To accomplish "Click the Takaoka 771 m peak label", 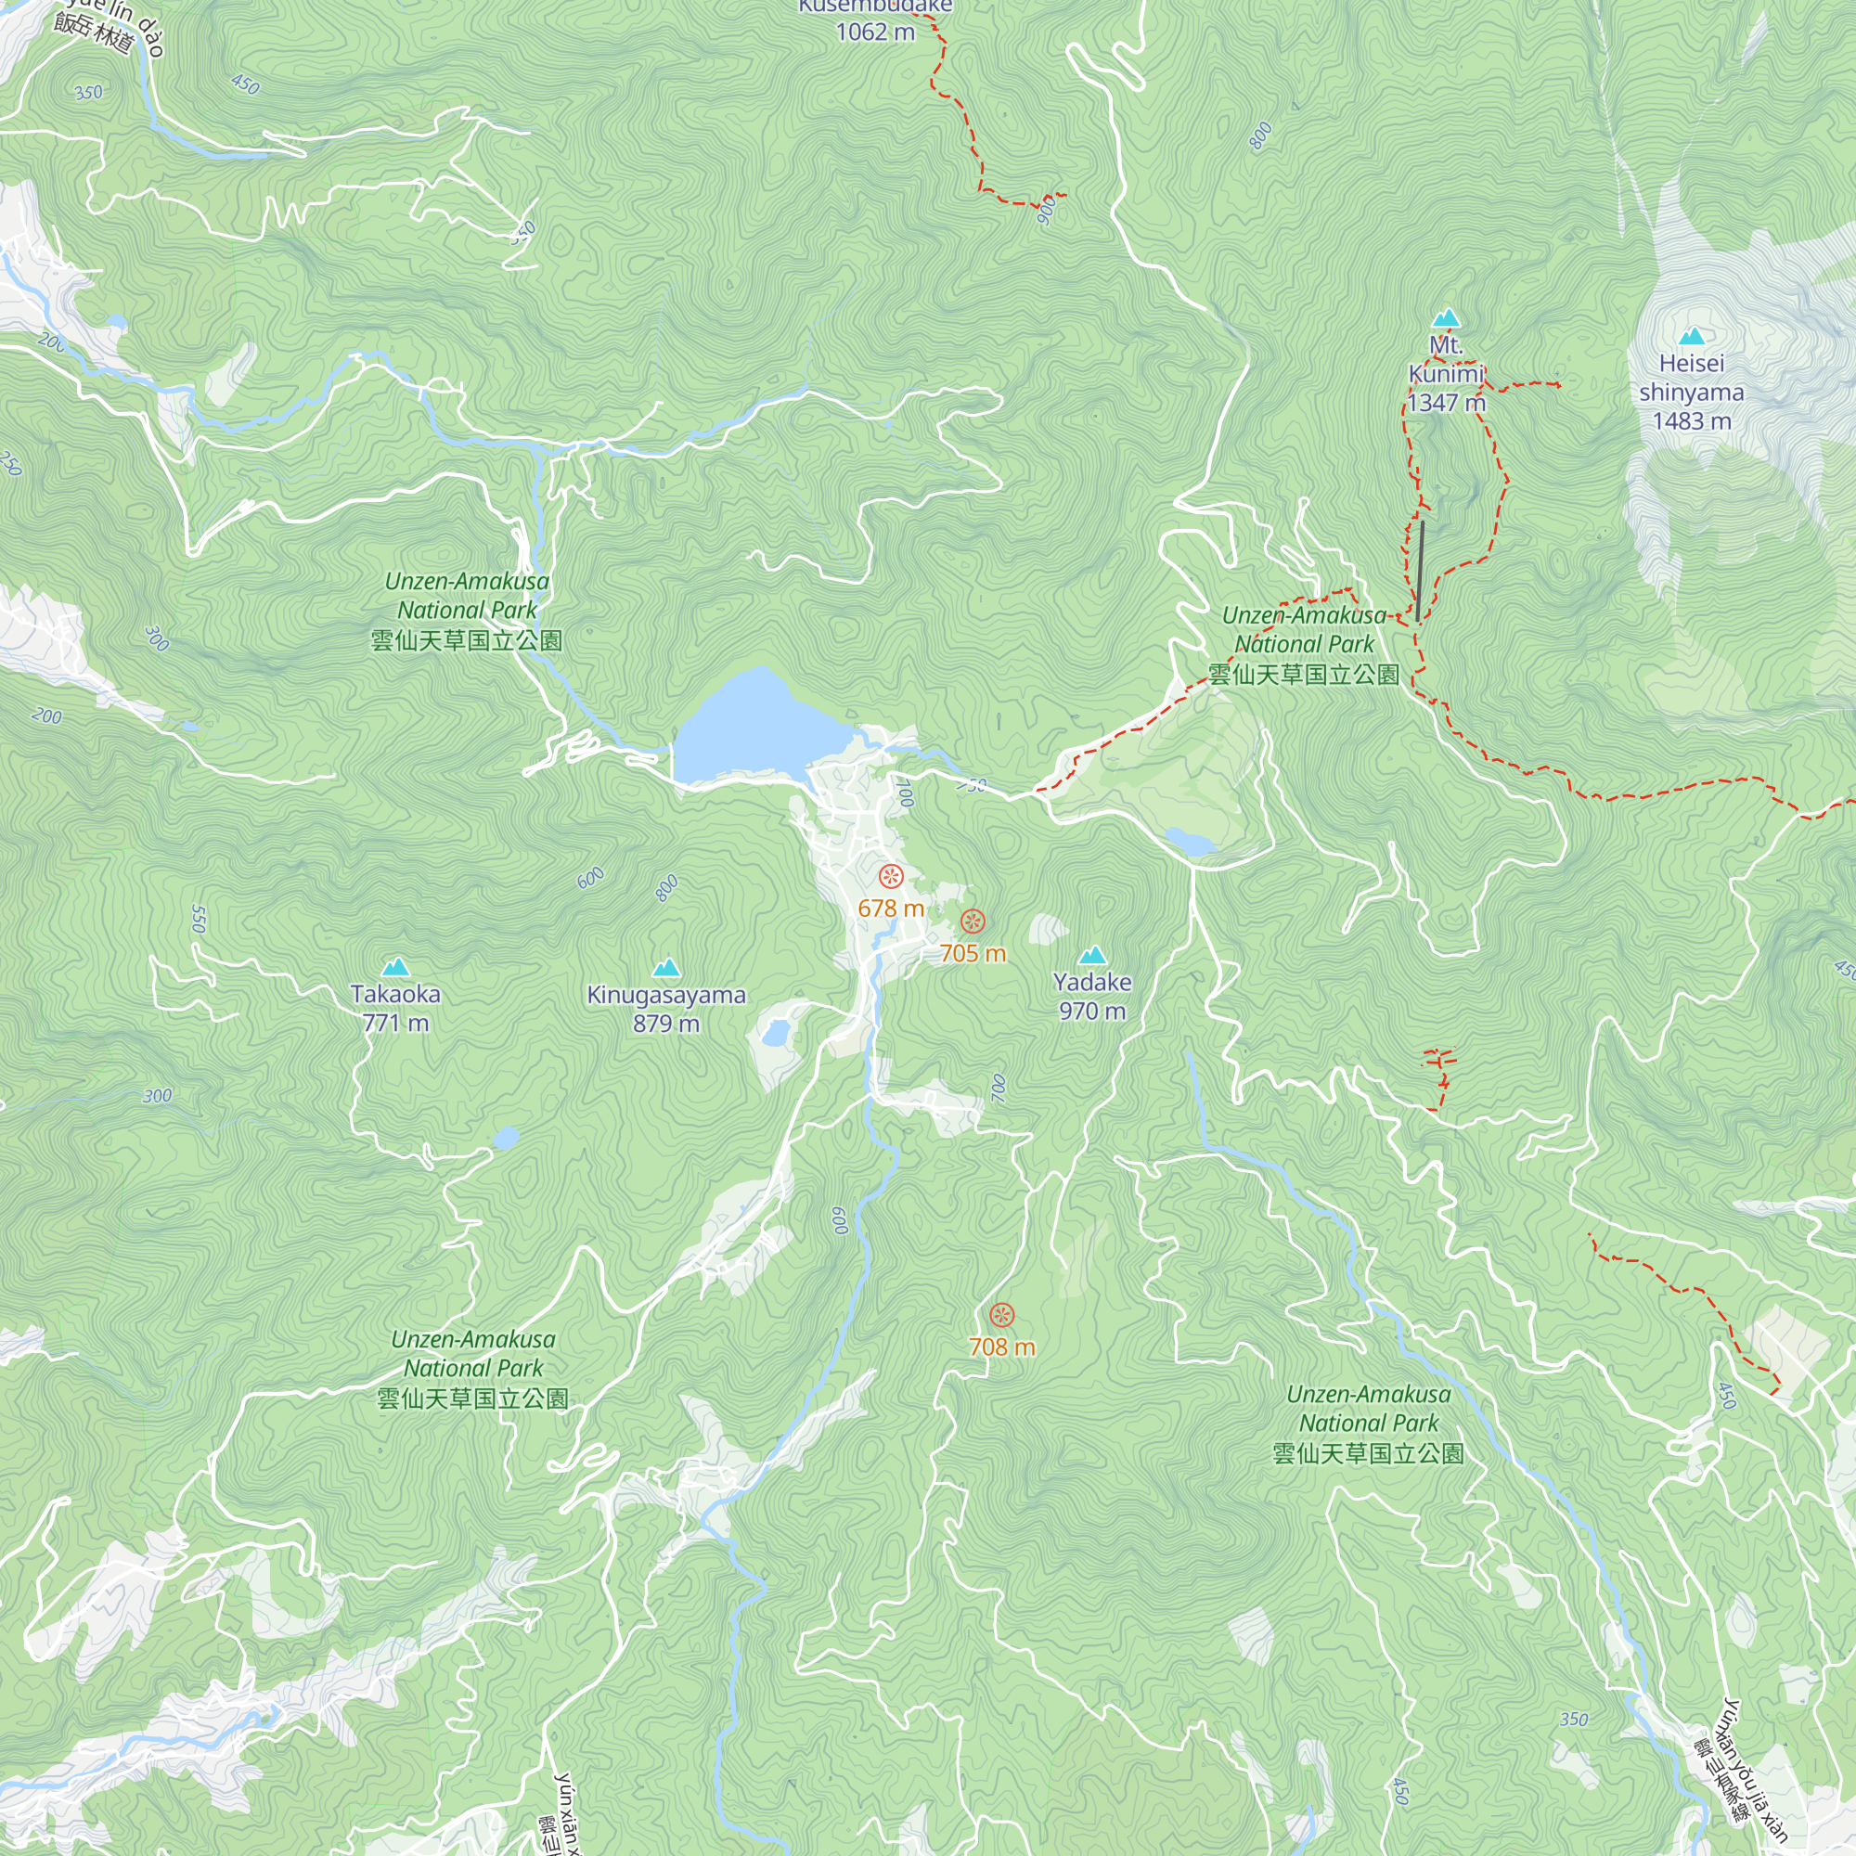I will point(394,1008).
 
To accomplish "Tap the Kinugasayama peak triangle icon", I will point(665,967).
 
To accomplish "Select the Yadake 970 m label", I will point(1092,996).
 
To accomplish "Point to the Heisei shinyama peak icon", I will point(1692,336).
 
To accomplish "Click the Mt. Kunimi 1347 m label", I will point(1446,374).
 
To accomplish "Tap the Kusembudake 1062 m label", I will point(875,19).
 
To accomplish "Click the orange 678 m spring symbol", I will point(891,876).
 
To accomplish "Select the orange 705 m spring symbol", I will point(973,922).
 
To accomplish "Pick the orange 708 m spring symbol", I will point(1001,1315).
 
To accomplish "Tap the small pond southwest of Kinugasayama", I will point(506,1139).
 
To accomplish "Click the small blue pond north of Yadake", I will point(1191,843).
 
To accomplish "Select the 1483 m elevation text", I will point(1691,420).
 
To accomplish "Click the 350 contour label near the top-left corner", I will point(88,93).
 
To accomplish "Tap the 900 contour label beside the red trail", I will point(1047,210).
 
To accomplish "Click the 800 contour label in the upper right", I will point(1260,136).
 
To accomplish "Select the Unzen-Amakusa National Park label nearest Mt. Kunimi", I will point(1304,645).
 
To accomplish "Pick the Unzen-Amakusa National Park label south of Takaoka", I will point(472,1368).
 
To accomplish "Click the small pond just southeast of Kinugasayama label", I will point(774,1034).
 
